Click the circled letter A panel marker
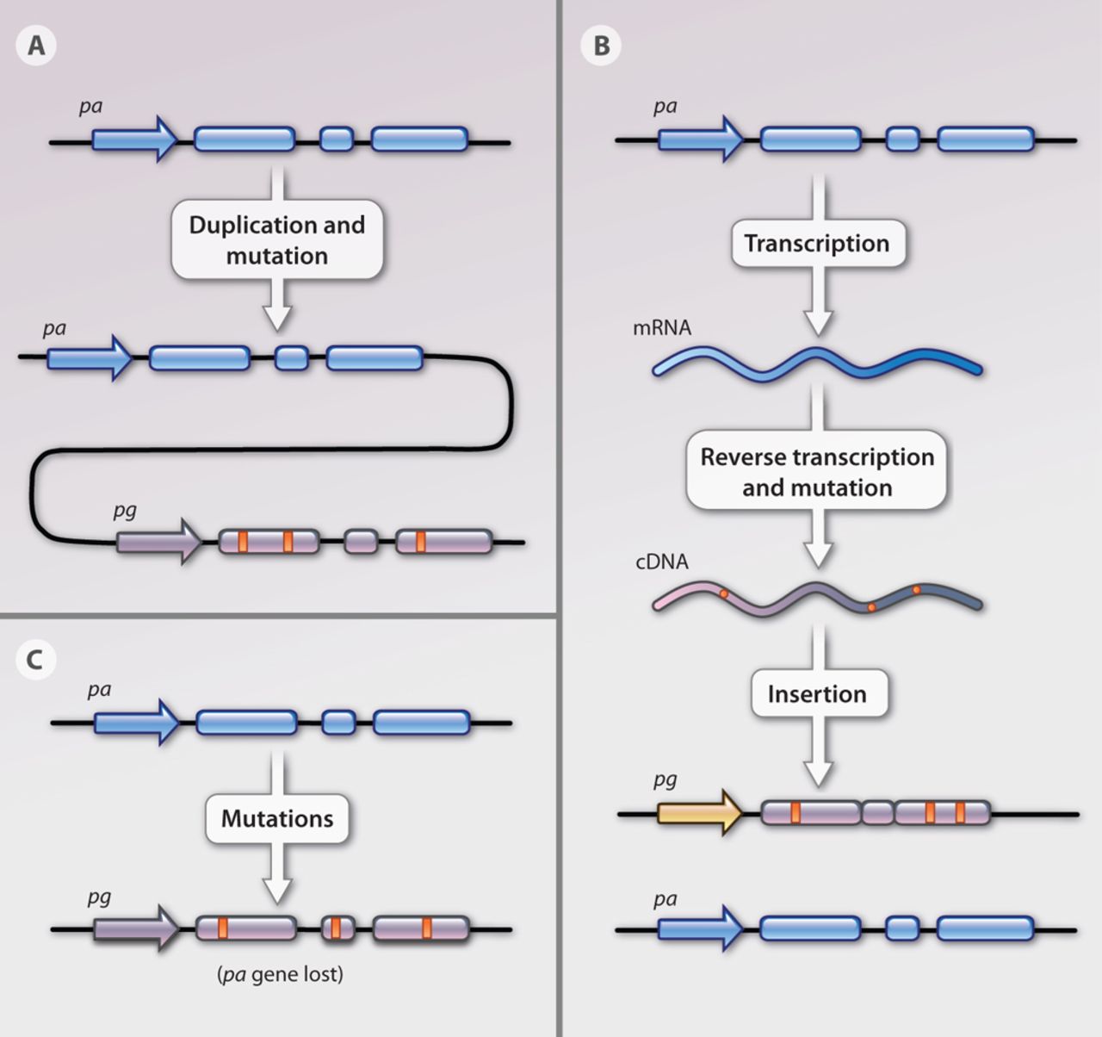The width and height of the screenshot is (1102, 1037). tap(36, 45)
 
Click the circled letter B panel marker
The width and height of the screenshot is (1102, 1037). tap(601, 45)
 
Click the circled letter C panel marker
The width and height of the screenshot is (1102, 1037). tap(36, 660)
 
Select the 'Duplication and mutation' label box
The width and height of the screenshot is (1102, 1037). tap(276, 240)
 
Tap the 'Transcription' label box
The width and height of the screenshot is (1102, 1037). tap(816, 244)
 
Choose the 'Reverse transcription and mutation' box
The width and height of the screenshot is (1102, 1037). tap(816, 471)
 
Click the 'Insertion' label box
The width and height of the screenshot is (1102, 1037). tap(816, 693)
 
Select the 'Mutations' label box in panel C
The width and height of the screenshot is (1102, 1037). tap(276, 817)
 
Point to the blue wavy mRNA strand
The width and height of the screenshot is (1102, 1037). tap(816, 362)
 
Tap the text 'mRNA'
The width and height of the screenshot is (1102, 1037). tap(661, 328)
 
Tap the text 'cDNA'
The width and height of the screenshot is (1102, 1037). tap(661, 562)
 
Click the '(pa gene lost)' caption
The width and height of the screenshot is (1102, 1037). tap(280, 974)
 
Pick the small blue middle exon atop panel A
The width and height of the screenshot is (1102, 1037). tap(337, 140)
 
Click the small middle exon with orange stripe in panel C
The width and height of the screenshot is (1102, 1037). tap(337, 928)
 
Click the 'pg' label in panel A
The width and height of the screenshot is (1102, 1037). tap(125, 510)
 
